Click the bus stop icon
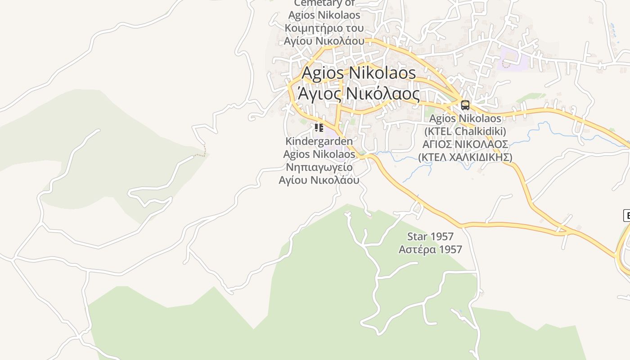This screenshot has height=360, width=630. coord(465,105)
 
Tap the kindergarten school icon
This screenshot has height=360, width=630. coord(319,128)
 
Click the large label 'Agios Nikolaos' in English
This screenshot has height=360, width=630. coord(359,72)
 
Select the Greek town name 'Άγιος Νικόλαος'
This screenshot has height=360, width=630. coord(359,94)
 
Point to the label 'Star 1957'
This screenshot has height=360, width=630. coord(430,236)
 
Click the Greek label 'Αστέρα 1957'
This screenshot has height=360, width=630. coord(430,249)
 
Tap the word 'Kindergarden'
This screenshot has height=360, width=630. coord(319,141)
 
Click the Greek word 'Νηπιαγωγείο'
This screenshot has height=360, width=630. coord(319,167)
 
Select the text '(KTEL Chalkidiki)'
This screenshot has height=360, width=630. coord(465,131)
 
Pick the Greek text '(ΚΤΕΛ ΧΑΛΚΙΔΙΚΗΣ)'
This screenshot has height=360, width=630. coord(465,157)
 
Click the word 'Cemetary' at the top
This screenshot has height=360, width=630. coord(324,4)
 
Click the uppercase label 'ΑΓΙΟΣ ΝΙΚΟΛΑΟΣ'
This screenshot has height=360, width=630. coord(465,144)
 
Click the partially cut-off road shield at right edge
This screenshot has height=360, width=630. coord(626,215)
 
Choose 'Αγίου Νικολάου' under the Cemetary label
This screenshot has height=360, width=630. coord(324,40)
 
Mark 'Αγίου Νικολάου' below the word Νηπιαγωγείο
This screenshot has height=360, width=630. coord(319,180)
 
